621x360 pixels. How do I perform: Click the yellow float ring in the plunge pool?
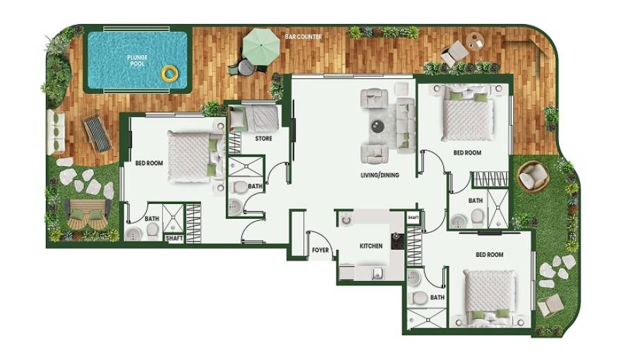(x=169, y=73)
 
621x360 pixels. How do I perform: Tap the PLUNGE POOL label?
(x=137, y=60)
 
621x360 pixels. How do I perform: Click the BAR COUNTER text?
(x=303, y=37)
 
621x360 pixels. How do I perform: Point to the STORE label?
(x=263, y=138)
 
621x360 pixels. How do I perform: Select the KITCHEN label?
(x=371, y=246)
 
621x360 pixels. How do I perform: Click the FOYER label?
(x=320, y=250)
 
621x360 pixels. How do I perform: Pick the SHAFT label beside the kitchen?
(x=414, y=218)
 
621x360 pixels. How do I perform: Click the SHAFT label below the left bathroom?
(x=174, y=239)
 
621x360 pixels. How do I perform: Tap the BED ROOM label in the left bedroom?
(x=149, y=163)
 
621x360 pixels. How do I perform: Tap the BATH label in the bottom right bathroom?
(x=438, y=297)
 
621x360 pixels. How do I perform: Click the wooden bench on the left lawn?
(x=85, y=211)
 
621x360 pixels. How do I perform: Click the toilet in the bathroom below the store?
(x=241, y=188)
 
